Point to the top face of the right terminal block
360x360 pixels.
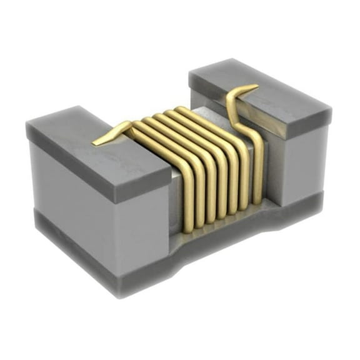pos(262,94)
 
